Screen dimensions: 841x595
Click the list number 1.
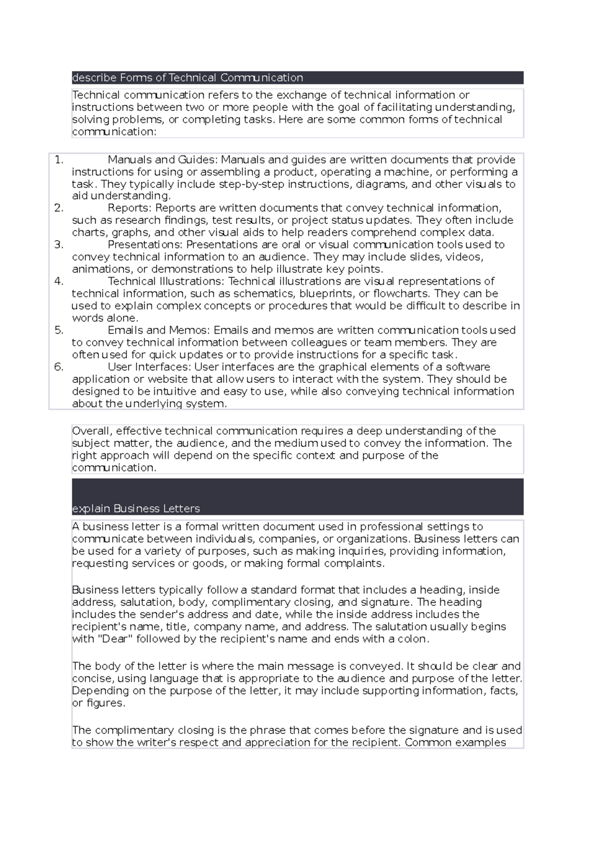click(59, 160)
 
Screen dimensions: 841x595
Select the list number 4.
click(59, 281)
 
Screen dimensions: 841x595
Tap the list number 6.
click(59, 367)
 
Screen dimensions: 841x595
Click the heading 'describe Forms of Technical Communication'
click(187, 78)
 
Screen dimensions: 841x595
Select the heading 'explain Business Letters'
click(136, 509)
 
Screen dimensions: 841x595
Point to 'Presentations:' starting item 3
click(145, 245)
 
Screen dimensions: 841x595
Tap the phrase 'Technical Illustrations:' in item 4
click(166, 281)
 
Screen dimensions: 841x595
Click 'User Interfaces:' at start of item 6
click(149, 367)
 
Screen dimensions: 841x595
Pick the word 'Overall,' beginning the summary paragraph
click(92, 431)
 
